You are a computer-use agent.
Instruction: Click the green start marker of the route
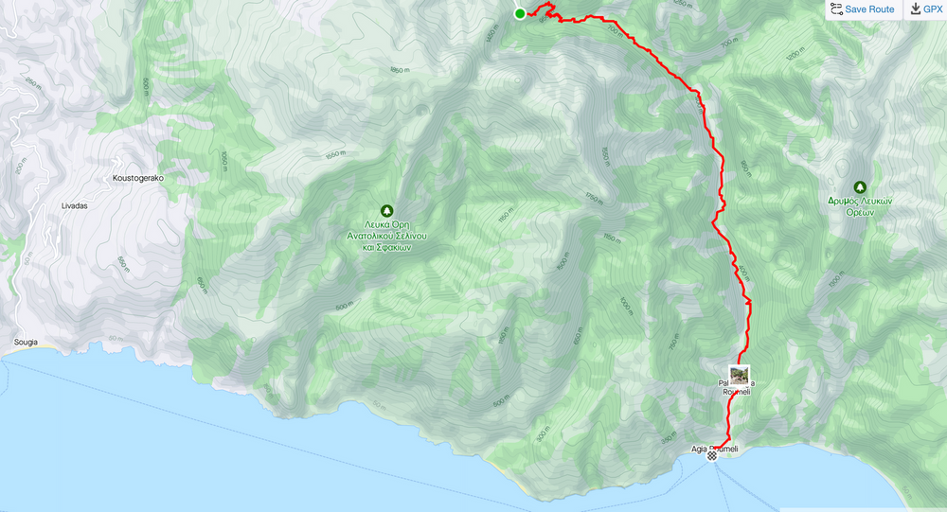tap(520, 13)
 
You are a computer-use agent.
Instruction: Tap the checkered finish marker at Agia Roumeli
tap(712, 455)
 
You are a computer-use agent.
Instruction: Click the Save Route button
tap(862, 9)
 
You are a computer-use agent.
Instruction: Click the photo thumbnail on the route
tap(739, 375)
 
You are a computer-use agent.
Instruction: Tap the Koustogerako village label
tap(138, 177)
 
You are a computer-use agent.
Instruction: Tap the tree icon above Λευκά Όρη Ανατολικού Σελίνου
tap(386, 210)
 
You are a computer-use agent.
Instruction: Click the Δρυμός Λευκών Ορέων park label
tap(860, 207)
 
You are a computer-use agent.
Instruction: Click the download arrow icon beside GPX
tap(916, 9)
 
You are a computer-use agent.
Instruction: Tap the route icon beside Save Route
tap(835, 9)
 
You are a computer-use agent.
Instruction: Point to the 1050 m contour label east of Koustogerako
tap(223, 162)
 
